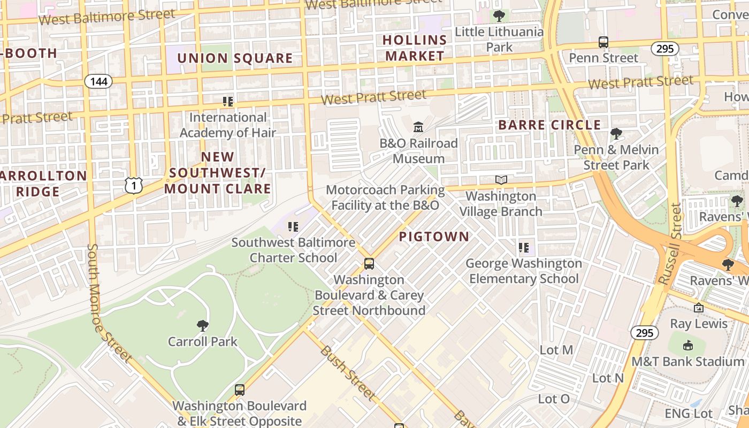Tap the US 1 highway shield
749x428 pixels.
pos(134,185)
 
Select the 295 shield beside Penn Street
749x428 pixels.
pos(664,49)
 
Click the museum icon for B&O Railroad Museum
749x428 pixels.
pos(418,127)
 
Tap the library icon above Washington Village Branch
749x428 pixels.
pos(501,180)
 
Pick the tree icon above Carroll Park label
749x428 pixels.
pos(202,325)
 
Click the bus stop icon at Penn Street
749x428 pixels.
pos(603,42)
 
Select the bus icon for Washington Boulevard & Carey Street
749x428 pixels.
pos(369,263)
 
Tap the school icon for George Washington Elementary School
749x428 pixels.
pos(524,248)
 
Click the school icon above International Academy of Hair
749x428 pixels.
pos(228,101)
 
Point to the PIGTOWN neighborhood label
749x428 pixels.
pos(434,236)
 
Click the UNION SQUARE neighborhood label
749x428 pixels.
pos(235,58)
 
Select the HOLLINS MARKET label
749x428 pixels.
pos(415,48)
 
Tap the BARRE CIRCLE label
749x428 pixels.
pos(549,125)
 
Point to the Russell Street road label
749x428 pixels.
pos(669,243)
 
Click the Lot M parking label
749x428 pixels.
pos(556,350)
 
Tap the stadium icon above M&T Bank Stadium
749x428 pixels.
pos(688,346)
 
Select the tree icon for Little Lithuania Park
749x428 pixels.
pos(499,16)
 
